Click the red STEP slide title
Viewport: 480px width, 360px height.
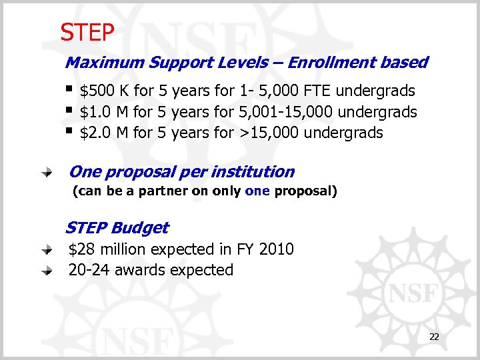point(87,31)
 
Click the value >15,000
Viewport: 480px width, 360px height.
point(268,133)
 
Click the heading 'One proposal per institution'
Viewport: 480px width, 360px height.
point(181,172)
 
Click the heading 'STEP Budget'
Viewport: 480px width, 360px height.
point(117,228)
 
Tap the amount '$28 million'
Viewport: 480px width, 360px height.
point(108,249)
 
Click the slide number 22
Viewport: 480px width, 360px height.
point(434,338)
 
